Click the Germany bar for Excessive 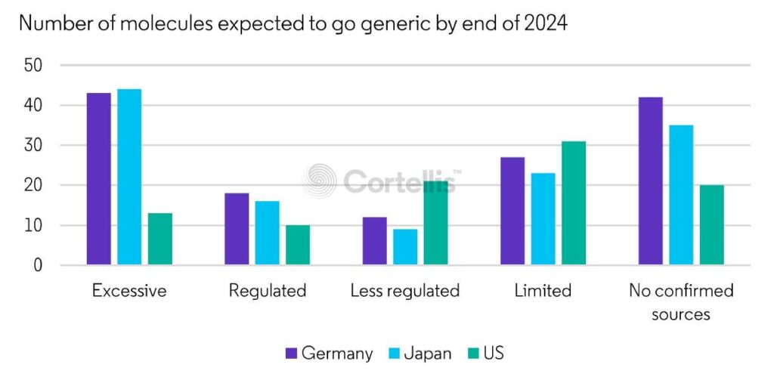point(98,179)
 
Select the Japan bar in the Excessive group point(129,177)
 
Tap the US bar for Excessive point(160,239)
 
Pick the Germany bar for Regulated point(237,229)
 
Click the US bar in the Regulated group point(298,245)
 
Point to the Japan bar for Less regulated point(405,247)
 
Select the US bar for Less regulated point(436,223)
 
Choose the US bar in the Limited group point(574,203)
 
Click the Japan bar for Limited point(543,219)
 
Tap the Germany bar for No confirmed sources point(650,181)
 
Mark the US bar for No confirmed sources point(711,225)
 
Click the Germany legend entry point(329,353)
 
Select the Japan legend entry point(420,353)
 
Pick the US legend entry point(485,353)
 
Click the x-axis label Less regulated point(404,291)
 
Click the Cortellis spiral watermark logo point(320,181)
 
